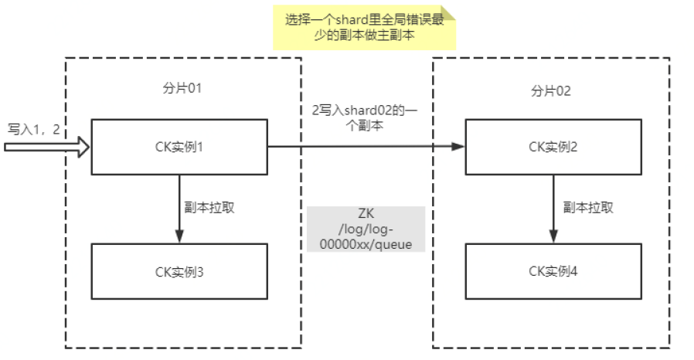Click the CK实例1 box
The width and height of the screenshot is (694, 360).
pyautogui.click(x=179, y=146)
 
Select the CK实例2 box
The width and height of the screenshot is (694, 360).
pyautogui.click(x=553, y=146)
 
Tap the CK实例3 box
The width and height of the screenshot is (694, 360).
pyautogui.click(x=179, y=270)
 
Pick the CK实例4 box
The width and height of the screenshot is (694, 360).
pyautogui.click(x=553, y=270)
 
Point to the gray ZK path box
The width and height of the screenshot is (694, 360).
pyautogui.click(x=366, y=229)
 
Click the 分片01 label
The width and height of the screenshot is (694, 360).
pyautogui.click(x=177, y=89)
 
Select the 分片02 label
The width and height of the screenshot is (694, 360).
pyautogui.click(x=551, y=90)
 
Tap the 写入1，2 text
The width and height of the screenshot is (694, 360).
pyautogui.click(x=34, y=127)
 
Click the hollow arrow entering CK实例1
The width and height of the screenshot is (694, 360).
pyautogui.click(x=46, y=146)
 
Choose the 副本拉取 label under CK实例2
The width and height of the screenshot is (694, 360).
pyautogui.click(x=588, y=207)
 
